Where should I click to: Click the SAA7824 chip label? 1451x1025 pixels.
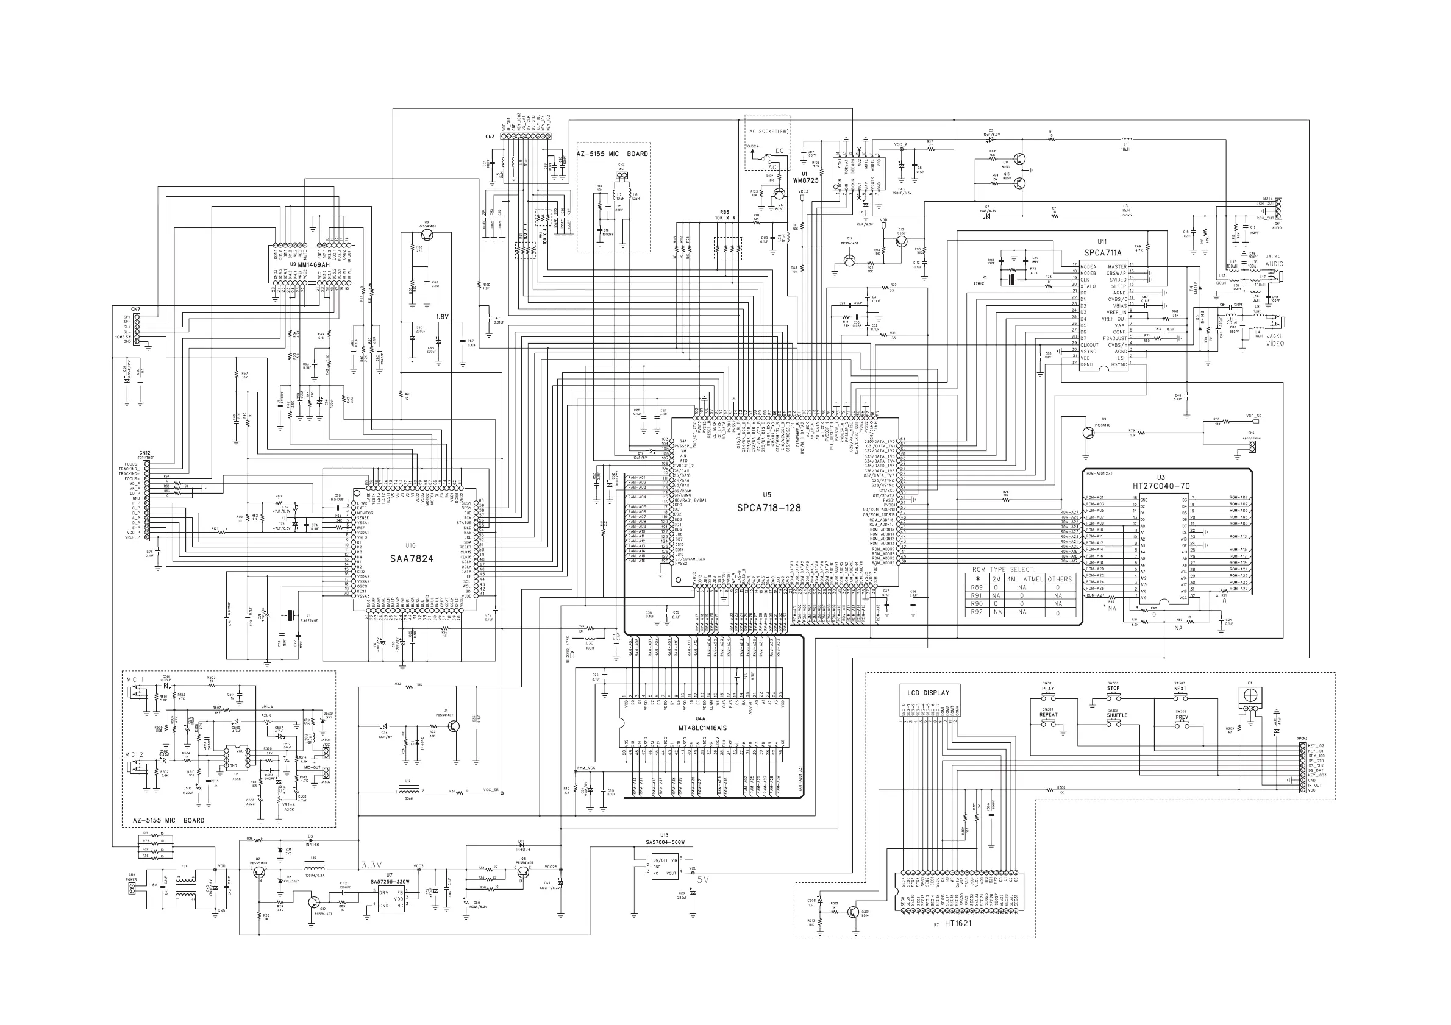coord(411,558)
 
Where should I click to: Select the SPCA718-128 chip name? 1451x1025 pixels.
coord(768,508)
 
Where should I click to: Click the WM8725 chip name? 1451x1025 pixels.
coord(806,180)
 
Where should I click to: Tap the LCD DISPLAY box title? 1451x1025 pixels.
coord(928,693)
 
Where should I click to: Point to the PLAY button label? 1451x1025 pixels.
coord(1048,689)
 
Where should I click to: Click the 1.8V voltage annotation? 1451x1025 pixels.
coord(443,317)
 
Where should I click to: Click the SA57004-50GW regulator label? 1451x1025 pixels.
coord(664,842)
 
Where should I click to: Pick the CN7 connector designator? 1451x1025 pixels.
coord(136,310)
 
